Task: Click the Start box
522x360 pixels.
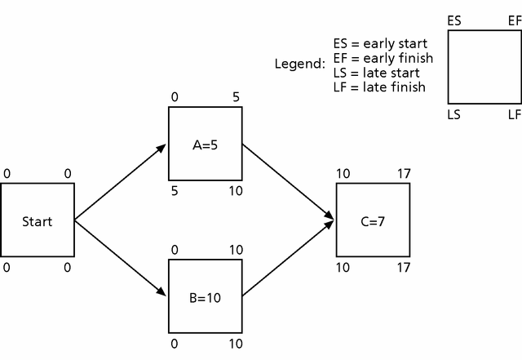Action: click(38, 220)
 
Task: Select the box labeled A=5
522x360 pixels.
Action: click(206, 144)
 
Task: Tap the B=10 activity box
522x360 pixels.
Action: click(206, 296)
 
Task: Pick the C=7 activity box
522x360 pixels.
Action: click(373, 220)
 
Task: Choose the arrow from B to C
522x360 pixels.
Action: click(289, 259)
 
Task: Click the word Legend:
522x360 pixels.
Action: click(300, 63)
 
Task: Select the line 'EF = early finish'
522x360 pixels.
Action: click(383, 58)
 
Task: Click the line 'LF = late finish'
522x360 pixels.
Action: click(379, 87)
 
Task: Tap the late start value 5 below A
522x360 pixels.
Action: click(175, 191)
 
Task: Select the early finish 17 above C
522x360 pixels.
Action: click(404, 174)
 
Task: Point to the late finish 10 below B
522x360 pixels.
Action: click(236, 344)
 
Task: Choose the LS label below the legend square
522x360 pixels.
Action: click(454, 115)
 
